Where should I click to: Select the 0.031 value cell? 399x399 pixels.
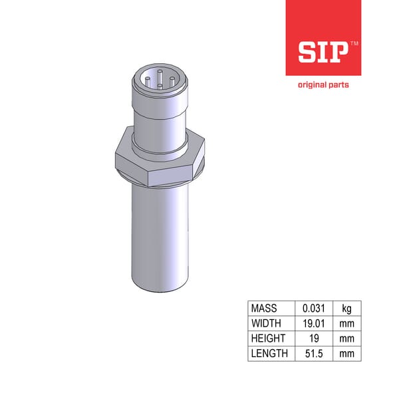[x=313, y=309]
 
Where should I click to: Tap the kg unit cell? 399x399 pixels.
[x=346, y=309]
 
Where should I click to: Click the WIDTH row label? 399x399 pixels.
[x=267, y=324]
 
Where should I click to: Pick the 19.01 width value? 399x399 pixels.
[x=313, y=324]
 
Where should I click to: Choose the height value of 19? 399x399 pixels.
[x=313, y=338]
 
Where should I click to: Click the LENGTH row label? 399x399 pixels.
[x=270, y=353]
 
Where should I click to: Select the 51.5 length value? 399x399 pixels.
[x=313, y=353]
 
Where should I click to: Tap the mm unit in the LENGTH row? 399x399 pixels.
[x=346, y=353]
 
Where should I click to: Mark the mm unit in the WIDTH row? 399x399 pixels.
[x=346, y=324]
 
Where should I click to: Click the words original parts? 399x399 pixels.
[x=323, y=85]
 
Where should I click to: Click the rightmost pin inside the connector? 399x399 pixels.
[x=172, y=81]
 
